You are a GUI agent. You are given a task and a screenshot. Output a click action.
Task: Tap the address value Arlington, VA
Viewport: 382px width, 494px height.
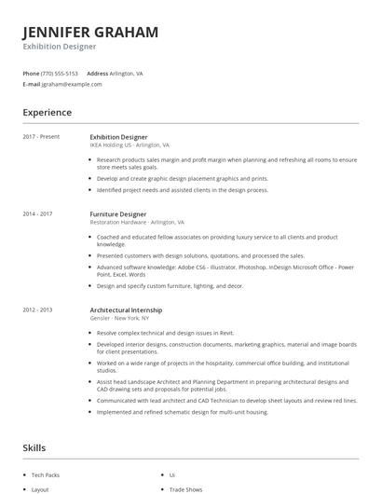[127, 73]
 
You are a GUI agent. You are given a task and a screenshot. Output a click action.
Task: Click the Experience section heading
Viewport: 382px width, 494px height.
[48, 113]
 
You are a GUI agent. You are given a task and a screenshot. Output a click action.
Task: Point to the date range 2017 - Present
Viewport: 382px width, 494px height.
[41, 136]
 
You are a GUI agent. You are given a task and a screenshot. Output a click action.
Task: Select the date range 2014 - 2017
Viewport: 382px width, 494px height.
[37, 213]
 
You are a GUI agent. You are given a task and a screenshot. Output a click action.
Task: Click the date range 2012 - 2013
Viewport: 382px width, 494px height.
[37, 309]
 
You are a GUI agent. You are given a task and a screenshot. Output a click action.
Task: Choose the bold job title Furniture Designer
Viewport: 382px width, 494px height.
[118, 213]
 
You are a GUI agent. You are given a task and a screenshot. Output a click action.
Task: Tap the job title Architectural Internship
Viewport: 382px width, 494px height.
[126, 309]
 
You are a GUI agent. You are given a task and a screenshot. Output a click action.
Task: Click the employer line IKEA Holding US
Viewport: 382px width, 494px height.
[130, 145]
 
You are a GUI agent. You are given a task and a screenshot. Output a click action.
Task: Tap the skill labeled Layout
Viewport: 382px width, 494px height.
[40, 488]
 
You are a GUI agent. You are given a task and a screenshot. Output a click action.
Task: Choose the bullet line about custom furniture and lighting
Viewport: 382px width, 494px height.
[170, 285]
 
